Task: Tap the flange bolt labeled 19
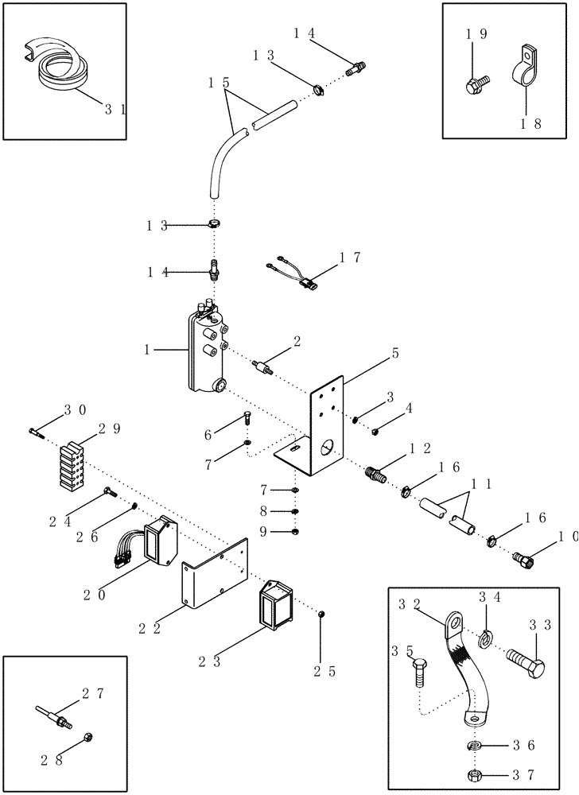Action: (477, 80)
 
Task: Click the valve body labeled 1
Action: (208, 353)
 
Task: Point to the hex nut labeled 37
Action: (475, 775)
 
